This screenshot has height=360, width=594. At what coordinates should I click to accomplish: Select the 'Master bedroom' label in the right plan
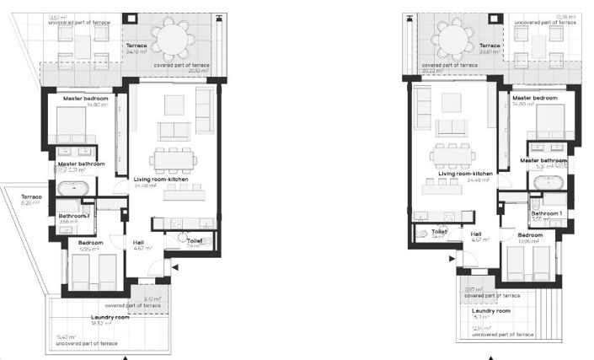click(535, 99)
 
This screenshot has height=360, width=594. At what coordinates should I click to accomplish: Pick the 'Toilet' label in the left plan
click(195, 240)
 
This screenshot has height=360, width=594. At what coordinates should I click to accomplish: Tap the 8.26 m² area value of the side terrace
click(30, 203)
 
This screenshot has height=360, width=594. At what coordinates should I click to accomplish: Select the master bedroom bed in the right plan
click(550, 124)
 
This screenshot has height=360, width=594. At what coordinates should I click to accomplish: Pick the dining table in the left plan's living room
click(174, 159)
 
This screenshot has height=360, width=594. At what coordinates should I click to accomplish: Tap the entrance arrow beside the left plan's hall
click(174, 267)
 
